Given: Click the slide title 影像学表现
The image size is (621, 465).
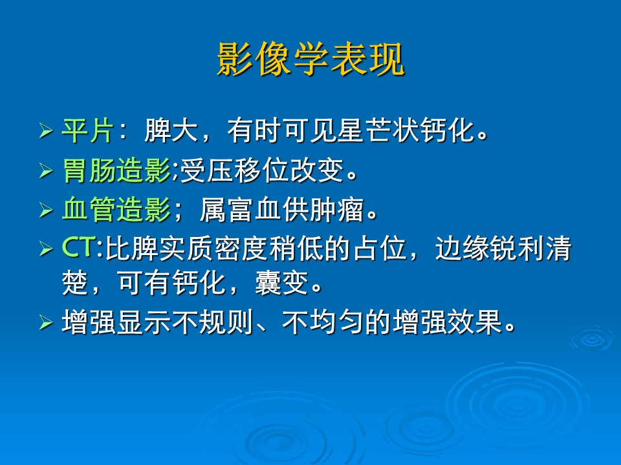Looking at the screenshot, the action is pos(311,59).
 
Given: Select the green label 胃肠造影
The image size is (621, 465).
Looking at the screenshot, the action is pos(116,170).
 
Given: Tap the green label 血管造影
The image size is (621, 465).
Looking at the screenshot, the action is pos(116,209).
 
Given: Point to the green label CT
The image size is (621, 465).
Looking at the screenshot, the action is pos(79,247).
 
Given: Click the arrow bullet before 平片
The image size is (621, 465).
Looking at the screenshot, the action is pos(46,130).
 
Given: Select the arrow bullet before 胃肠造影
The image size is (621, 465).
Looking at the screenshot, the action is pos(46,170).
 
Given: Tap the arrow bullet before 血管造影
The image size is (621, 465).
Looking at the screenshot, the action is pos(46,209).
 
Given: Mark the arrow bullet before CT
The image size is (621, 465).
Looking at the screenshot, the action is pos(46,249).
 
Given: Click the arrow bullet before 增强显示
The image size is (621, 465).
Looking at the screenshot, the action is pos(46,322).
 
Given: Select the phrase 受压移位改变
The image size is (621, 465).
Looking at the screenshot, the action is pos(262,170).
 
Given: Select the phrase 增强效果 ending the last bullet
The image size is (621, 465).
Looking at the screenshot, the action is pos(447,322).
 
